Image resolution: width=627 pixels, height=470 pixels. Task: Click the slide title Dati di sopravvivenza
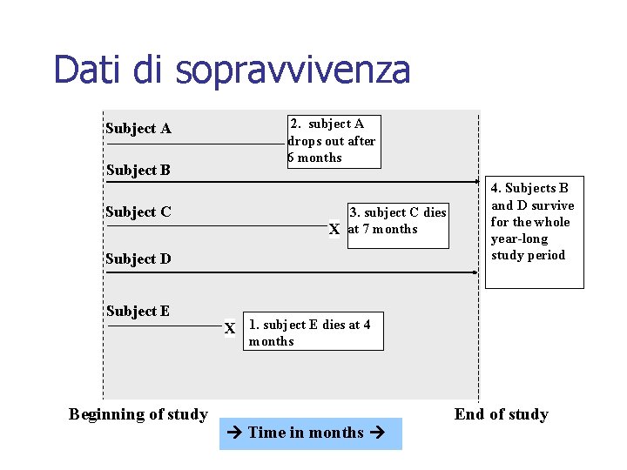tap(231, 70)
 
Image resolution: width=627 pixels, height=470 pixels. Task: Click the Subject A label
tap(138, 129)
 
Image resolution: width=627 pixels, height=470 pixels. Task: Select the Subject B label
tap(138, 171)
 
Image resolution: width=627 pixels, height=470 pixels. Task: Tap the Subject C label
tap(138, 212)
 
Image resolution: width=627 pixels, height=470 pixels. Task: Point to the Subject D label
tap(138, 258)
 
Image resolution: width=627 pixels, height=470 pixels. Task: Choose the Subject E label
tap(138, 312)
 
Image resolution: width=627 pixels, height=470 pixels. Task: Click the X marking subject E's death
tap(230, 329)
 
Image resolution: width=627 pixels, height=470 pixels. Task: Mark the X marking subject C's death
tap(334, 230)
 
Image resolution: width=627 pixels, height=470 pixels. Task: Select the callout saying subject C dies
tap(398, 221)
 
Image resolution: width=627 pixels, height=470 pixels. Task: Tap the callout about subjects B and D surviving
tap(533, 223)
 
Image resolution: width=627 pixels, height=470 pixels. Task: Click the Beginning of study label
tap(138, 414)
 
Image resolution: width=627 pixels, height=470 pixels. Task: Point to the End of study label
tap(502, 414)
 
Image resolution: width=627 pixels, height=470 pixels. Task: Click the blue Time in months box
tap(310, 433)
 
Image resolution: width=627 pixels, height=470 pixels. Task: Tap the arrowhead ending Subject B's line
tap(475, 182)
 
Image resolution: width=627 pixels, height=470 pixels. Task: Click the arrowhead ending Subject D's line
tap(475, 272)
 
